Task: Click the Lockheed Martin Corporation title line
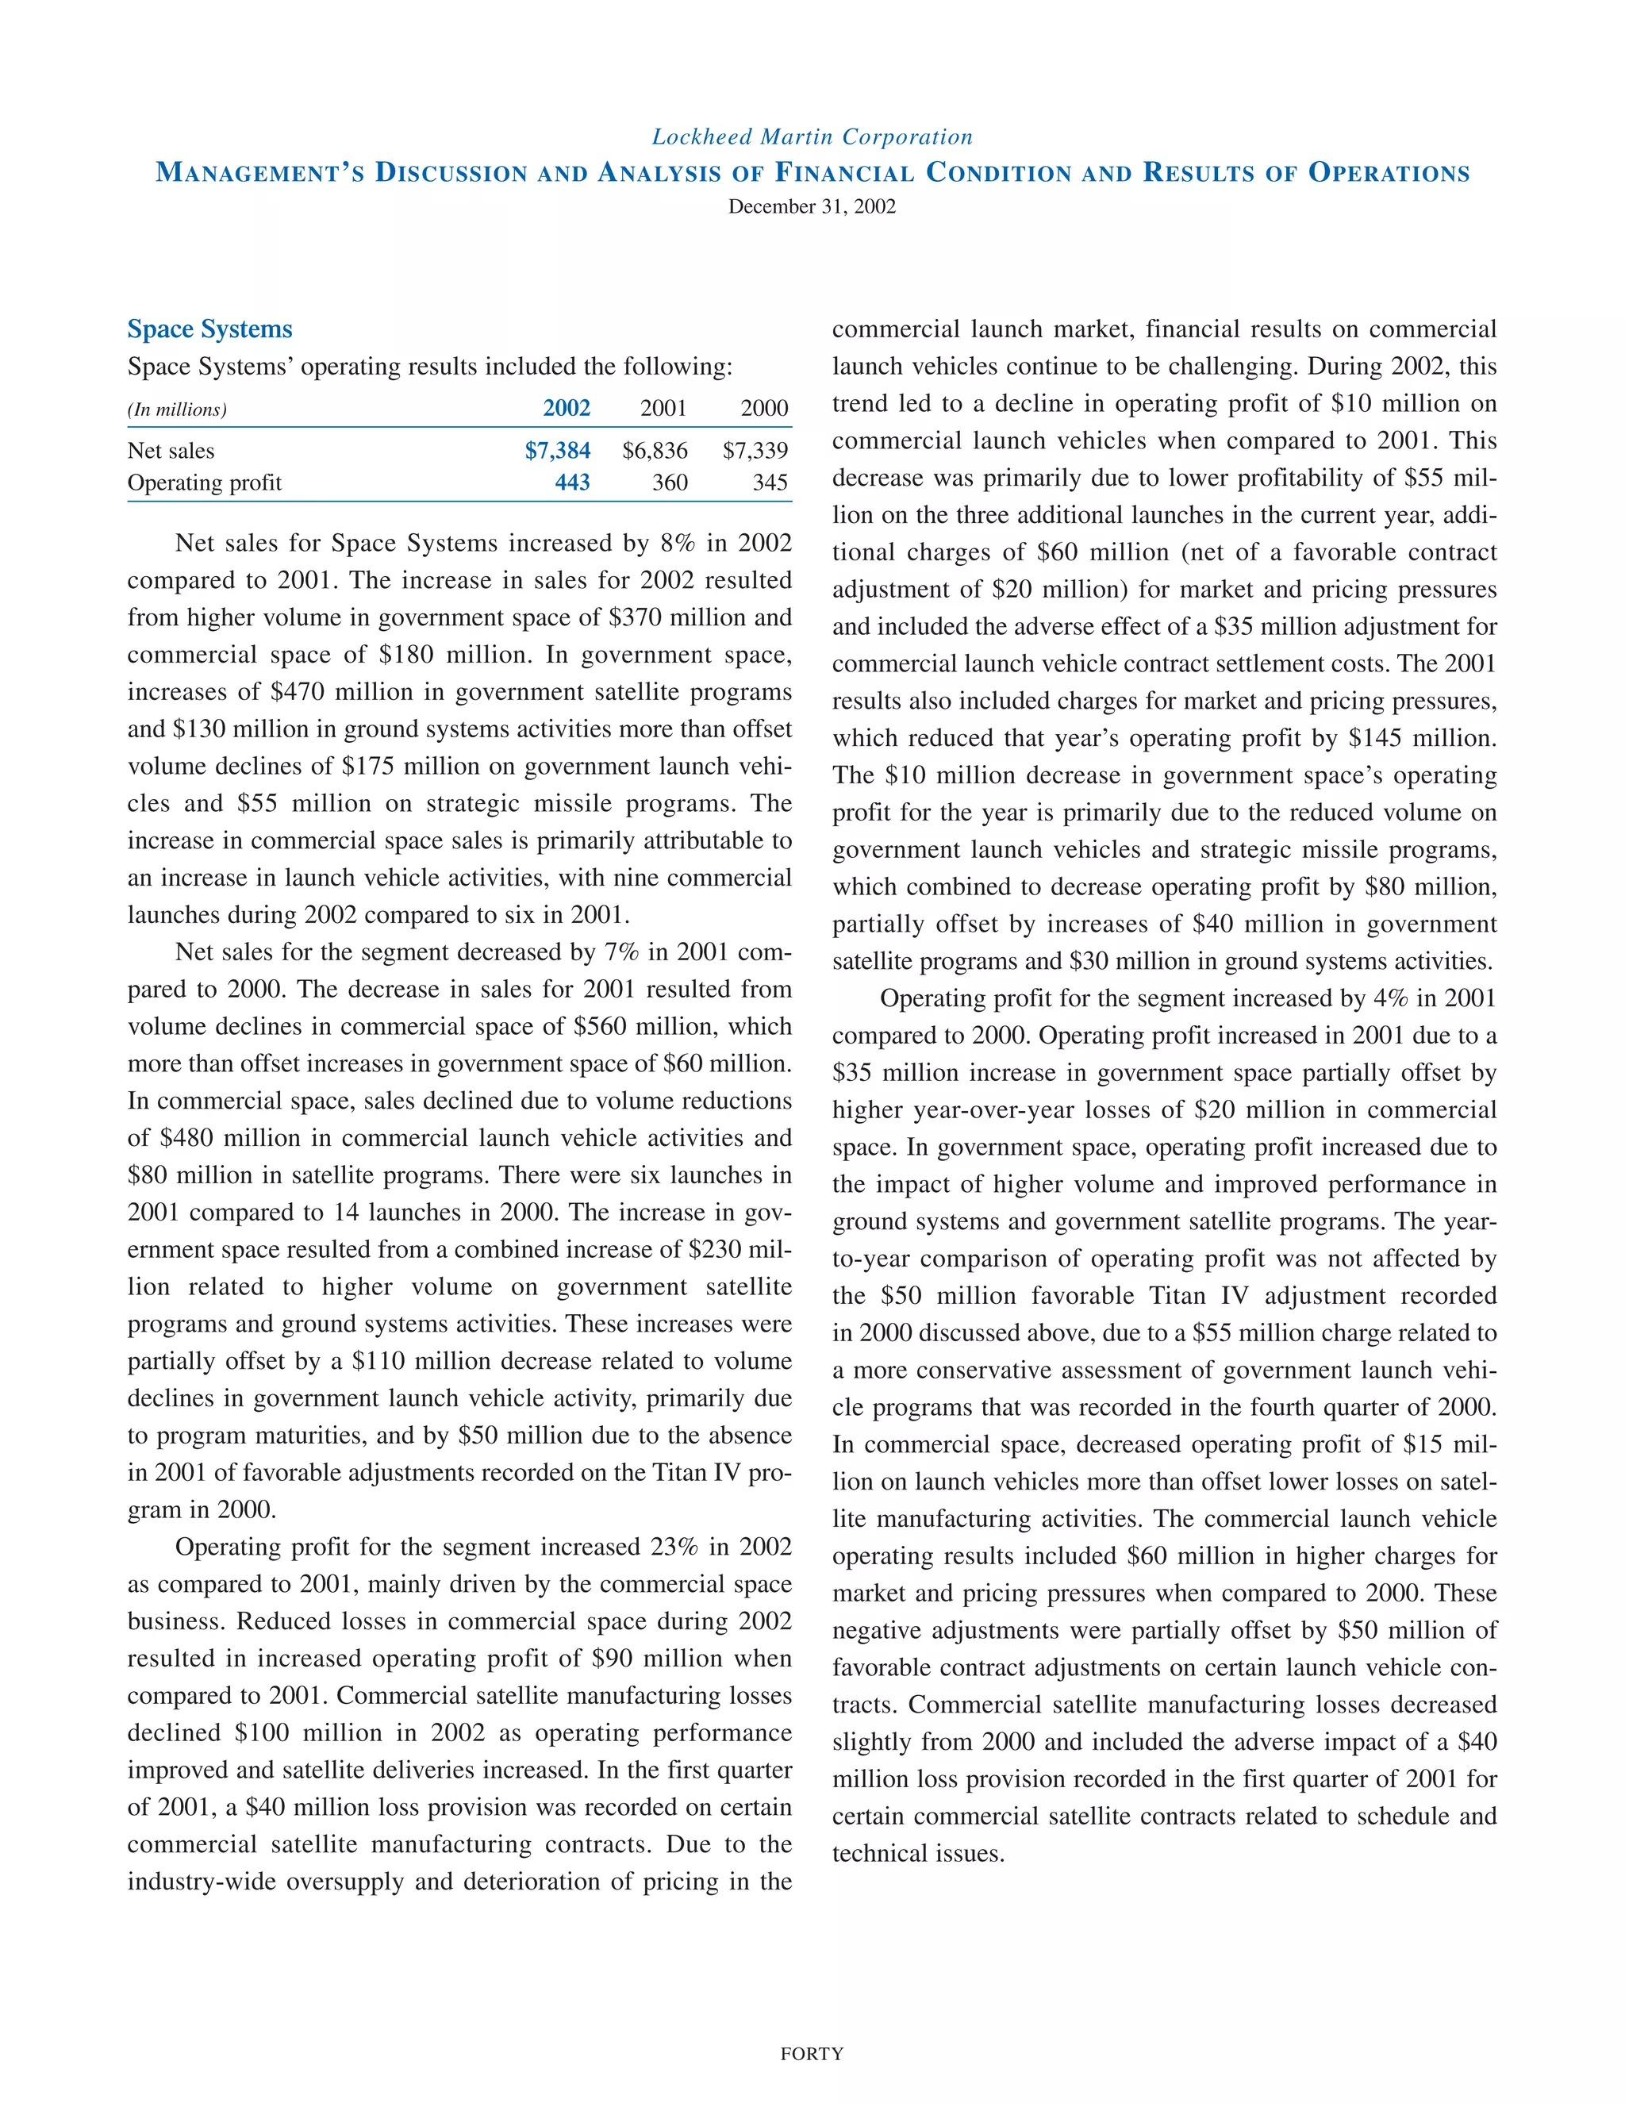(812, 136)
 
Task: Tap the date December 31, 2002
(812, 206)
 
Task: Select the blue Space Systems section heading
(209, 329)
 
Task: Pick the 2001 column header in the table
(663, 408)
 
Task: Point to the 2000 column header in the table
(764, 408)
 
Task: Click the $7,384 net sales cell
(557, 451)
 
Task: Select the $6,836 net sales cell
(655, 451)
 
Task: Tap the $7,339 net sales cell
(755, 451)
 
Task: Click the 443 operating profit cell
(572, 482)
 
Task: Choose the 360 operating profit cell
(670, 482)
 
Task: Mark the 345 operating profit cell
(770, 482)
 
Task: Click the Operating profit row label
(204, 482)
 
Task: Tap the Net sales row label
(171, 451)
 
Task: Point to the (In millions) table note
(177, 409)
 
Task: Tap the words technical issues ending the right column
(917, 1854)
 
